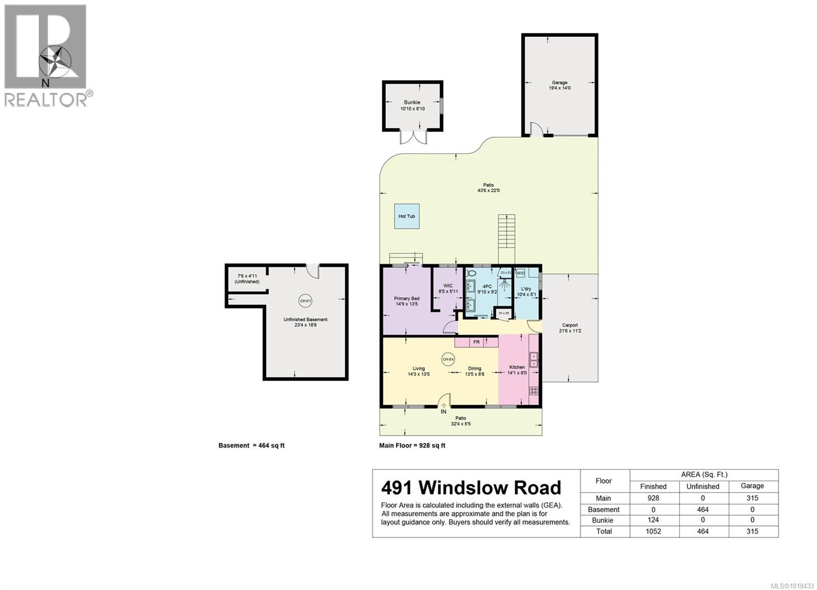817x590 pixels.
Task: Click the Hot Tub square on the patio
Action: coord(407,216)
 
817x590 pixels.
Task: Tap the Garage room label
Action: coord(559,83)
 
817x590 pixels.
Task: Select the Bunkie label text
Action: coord(412,103)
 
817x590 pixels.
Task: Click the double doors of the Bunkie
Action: coord(413,137)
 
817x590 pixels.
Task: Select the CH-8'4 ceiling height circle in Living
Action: coord(448,360)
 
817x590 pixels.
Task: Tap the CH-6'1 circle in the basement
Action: coord(305,301)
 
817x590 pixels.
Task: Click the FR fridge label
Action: coord(476,342)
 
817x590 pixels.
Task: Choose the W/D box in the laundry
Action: coord(520,273)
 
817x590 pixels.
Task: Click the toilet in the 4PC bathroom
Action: coord(471,274)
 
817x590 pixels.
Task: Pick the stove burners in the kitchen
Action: coord(534,391)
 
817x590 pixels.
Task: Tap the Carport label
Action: coord(570,325)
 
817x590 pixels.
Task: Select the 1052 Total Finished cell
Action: coord(653,531)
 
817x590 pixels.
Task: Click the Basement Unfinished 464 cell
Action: coord(703,509)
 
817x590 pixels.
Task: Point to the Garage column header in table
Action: coord(752,486)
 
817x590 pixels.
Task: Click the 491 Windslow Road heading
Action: coord(471,488)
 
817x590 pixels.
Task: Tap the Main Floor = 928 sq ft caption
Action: coord(412,445)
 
